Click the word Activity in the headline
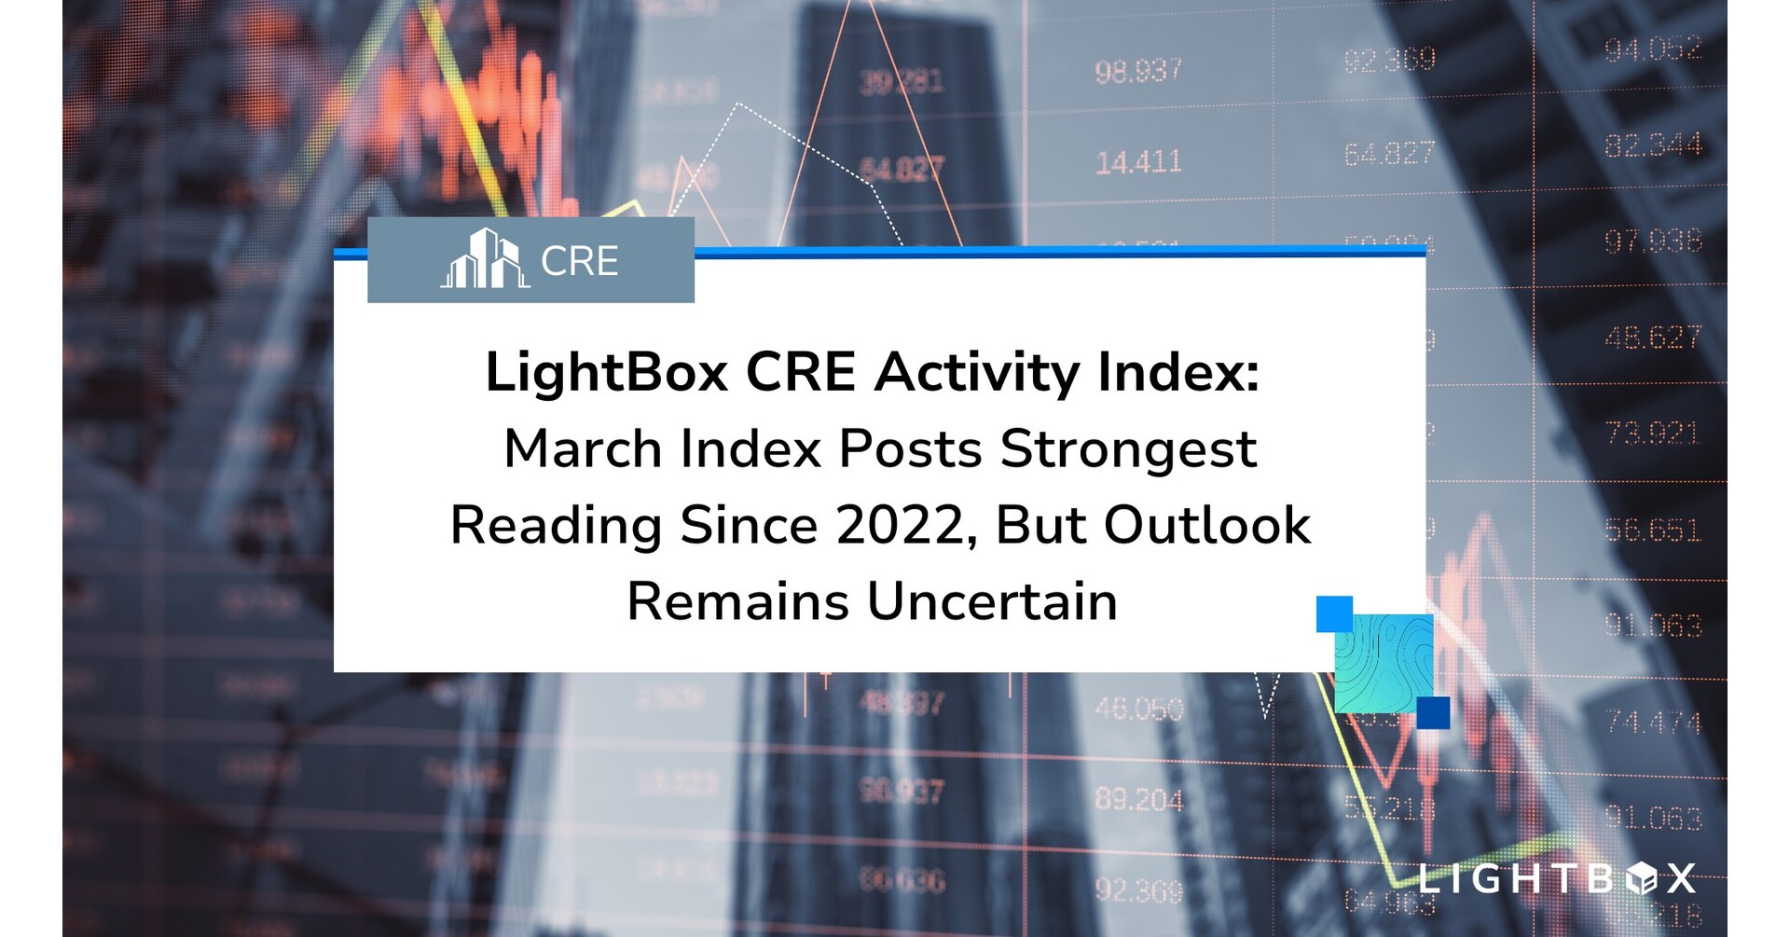tap(976, 373)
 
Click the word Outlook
tap(1207, 526)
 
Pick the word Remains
tap(737, 601)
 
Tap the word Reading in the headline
tap(556, 527)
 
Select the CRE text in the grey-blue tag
tap(579, 261)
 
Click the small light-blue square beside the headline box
tap(1334, 614)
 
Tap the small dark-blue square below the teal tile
tap(1433, 713)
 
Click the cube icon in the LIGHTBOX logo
tap(1641, 878)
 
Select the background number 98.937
tap(1138, 71)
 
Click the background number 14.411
tap(1138, 163)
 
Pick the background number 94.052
tap(1653, 48)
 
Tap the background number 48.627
tap(1653, 337)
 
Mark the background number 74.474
tap(1653, 722)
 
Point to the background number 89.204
tap(1138, 799)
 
